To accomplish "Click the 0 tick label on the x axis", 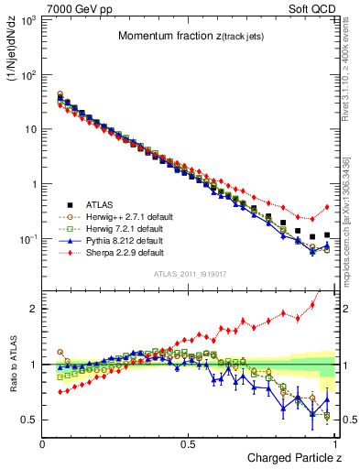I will click(42, 442).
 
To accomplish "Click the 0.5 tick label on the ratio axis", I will click(28, 420).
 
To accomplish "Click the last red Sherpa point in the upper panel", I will click(327, 207).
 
